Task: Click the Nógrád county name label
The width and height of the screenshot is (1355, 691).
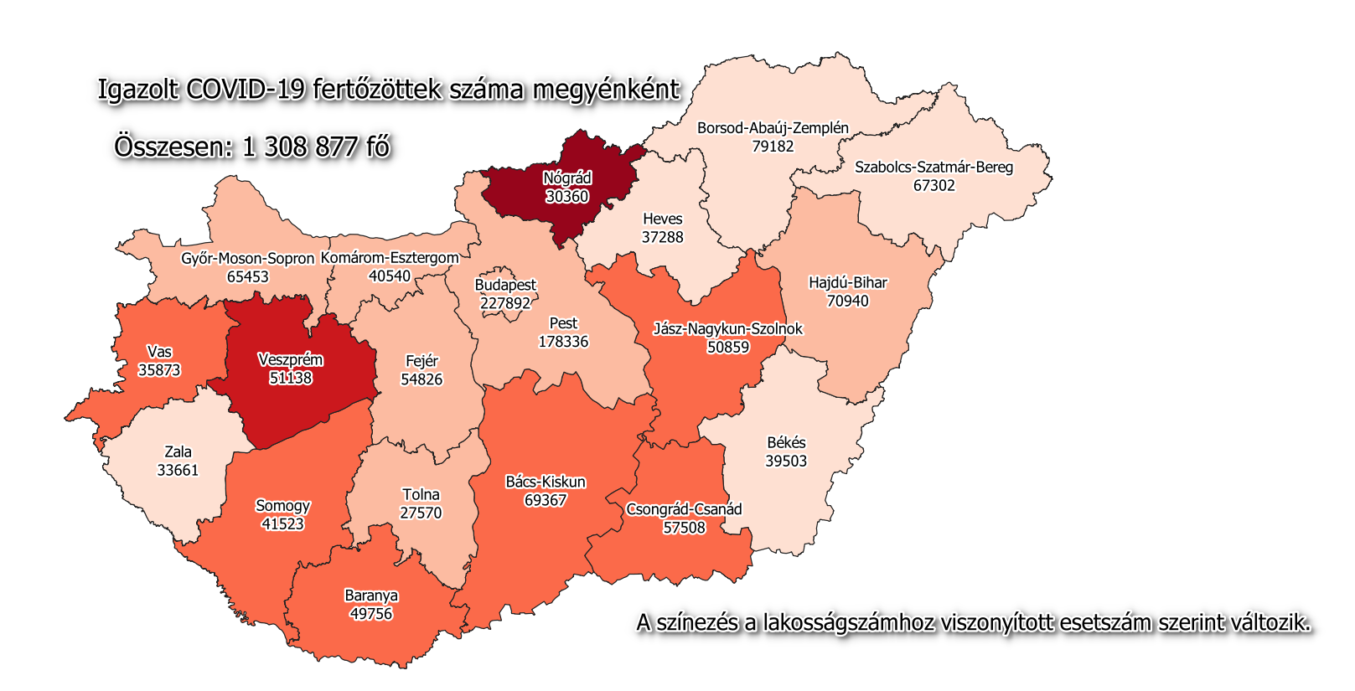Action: pyautogui.click(x=567, y=178)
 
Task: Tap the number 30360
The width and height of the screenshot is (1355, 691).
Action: pyautogui.click(x=567, y=197)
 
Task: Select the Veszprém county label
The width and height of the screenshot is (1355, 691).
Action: pyautogui.click(x=290, y=360)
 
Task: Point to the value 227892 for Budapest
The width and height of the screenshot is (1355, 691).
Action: pyautogui.click(x=505, y=303)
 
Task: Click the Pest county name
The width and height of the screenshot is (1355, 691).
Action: pyautogui.click(x=563, y=323)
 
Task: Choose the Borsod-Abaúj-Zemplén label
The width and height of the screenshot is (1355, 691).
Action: pyautogui.click(x=773, y=128)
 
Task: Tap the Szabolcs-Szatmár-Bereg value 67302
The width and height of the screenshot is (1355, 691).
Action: pyautogui.click(x=934, y=185)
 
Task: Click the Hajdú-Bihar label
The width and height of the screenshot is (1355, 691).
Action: pyautogui.click(x=847, y=283)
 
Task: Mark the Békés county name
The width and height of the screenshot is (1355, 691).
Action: pyautogui.click(x=786, y=443)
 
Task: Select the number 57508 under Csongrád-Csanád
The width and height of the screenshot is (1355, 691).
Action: pyautogui.click(x=684, y=528)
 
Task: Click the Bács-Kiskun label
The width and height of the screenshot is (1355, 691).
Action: pyautogui.click(x=546, y=482)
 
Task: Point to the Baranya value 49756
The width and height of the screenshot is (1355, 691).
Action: pyautogui.click(x=371, y=614)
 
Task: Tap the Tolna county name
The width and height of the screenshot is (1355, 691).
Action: pyautogui.click(x=421, y=495)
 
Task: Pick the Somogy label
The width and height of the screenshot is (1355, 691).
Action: pyautogui.click(x=282, y=506)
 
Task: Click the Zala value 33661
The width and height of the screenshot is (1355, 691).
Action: pyautogui.click(x=178, y=470)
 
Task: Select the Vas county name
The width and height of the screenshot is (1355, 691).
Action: pyautogui.click(x=159, y=352)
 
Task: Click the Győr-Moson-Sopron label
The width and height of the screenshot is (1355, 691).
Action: pyautogui.click(x=247, y=259)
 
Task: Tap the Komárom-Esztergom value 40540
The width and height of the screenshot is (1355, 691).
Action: pyautogui.click(x=390, y=276)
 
